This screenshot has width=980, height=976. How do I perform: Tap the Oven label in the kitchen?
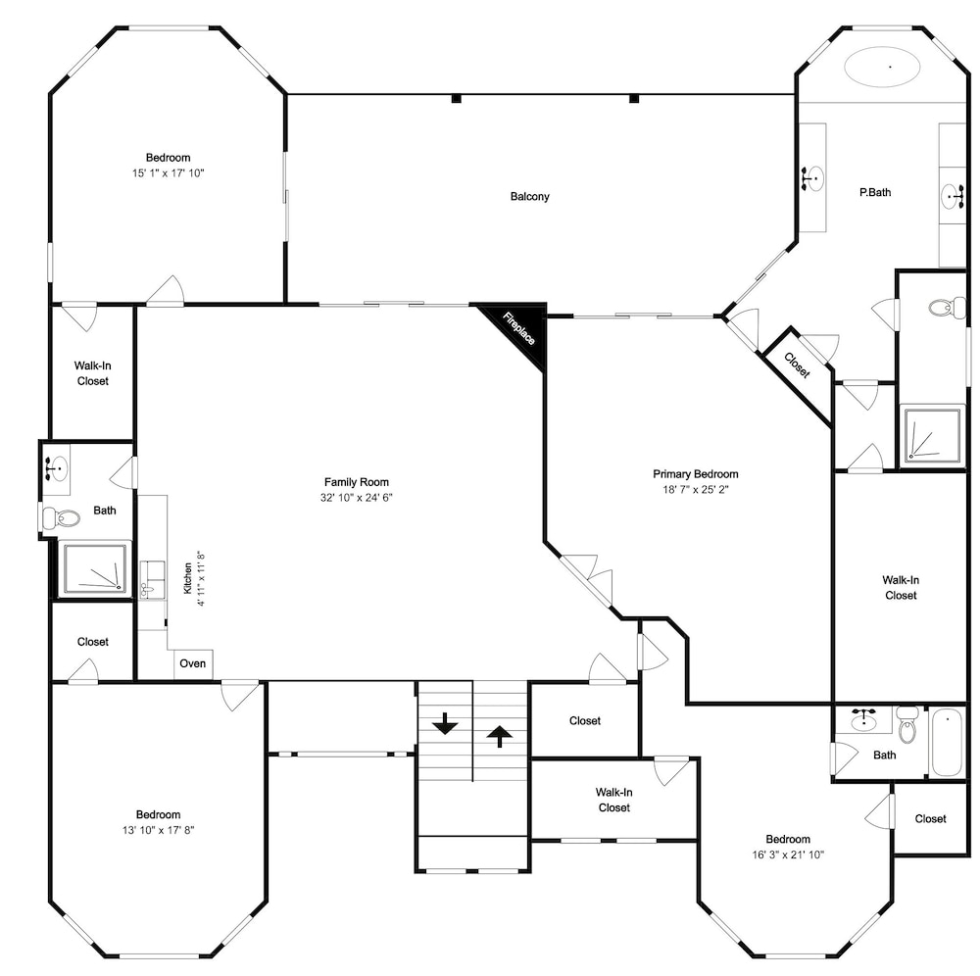point(192,663)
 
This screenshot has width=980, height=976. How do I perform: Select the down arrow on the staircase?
point(445,723)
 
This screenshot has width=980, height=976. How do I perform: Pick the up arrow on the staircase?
point(499,736)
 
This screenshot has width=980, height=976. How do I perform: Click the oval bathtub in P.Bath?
point(882,67)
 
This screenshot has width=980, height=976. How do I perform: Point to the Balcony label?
point(530,196)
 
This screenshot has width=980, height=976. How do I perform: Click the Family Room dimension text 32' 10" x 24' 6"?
point(357,498)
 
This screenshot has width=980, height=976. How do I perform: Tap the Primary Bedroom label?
point(696,474)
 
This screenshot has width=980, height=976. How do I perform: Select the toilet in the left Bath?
point(62,518)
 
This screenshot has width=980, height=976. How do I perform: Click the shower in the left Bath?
point(95,569)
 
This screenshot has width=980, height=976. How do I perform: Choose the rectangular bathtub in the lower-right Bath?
point(948,742)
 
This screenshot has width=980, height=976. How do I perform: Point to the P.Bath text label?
point(875,192)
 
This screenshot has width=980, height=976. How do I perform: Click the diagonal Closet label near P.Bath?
point(797,365)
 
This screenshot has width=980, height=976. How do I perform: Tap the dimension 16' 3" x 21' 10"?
point(788,854)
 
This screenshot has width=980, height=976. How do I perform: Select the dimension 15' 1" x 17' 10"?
point(169,173)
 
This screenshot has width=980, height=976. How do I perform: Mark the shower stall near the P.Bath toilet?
point(930,435)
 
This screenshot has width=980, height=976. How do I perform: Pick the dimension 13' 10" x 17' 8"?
point(159,830)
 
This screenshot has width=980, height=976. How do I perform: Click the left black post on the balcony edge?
point(457,98)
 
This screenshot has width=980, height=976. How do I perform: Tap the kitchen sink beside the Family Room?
point(151,580)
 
